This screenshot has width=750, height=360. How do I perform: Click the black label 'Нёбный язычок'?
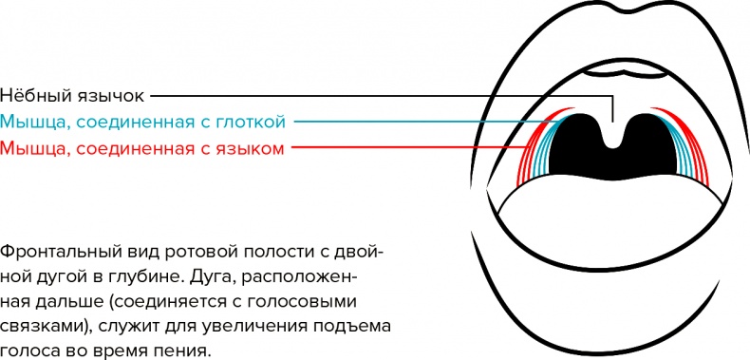pyautogui.click(x=74, y=96)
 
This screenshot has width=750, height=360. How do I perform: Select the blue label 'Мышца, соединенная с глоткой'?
pyautogui.click(x=142, y=122)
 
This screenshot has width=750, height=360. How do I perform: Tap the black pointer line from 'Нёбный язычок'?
pyautogui.click(x=380, y=96)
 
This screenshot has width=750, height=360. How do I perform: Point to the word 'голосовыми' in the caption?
pyautogui.click(x=319, y=301)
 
